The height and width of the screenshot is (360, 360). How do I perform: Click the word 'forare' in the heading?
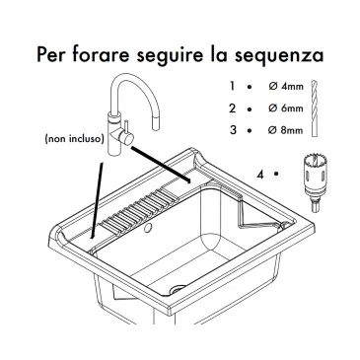101,54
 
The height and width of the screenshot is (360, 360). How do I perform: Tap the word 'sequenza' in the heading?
279,55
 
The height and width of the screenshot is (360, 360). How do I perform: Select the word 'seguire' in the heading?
170,55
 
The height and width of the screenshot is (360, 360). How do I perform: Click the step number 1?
233,86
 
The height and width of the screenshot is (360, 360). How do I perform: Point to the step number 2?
233,108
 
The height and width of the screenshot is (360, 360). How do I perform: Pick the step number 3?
233,129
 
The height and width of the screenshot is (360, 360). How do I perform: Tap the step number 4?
260,175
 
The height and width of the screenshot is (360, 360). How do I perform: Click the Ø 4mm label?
286,87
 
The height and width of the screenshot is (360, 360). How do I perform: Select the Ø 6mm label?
286,108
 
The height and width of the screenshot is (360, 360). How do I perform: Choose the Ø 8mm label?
286,130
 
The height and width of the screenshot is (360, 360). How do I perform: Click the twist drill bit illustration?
315,108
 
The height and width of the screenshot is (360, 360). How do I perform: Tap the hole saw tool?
315,181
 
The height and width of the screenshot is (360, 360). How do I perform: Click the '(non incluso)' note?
75,139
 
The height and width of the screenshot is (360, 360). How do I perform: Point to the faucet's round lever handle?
126,138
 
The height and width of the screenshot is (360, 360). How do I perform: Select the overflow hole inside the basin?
148,228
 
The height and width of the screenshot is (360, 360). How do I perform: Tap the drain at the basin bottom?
178,290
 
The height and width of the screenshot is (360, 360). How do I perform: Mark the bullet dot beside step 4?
276,174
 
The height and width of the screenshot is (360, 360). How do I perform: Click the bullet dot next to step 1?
250,87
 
